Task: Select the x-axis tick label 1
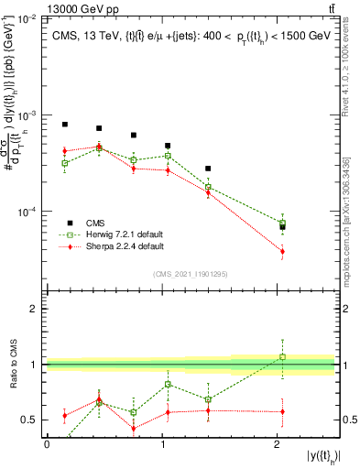(x=162, y=444)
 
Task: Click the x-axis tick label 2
(x=277, y=444)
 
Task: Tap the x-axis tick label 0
(x=47, y=444)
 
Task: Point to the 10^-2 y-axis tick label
(x=26, y=19)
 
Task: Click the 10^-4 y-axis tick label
(x=26, y=212)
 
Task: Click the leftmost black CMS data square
(x=65, y=125)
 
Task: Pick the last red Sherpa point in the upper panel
(x=282, y=251)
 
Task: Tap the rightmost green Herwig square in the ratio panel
(x=282, y=357)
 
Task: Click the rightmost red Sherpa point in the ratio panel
(x=282, y=411)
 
